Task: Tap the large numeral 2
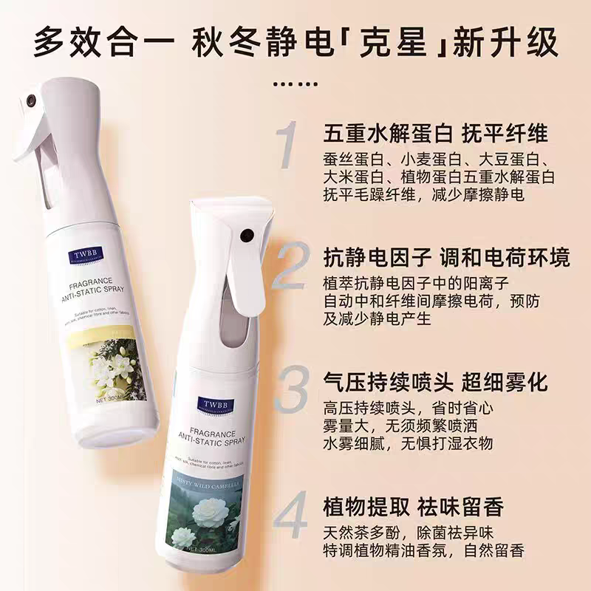[x=291, y=267]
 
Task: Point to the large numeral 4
[x=291, y=517]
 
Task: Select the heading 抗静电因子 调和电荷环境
[x=447, y=258]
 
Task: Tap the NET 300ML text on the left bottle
[x=113, y=397]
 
